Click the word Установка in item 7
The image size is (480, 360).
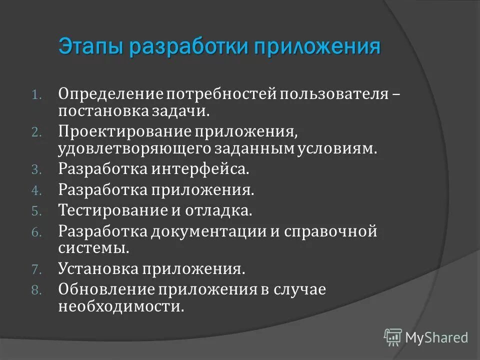click(98, 269)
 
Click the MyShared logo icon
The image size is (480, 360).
click(393, 337)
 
